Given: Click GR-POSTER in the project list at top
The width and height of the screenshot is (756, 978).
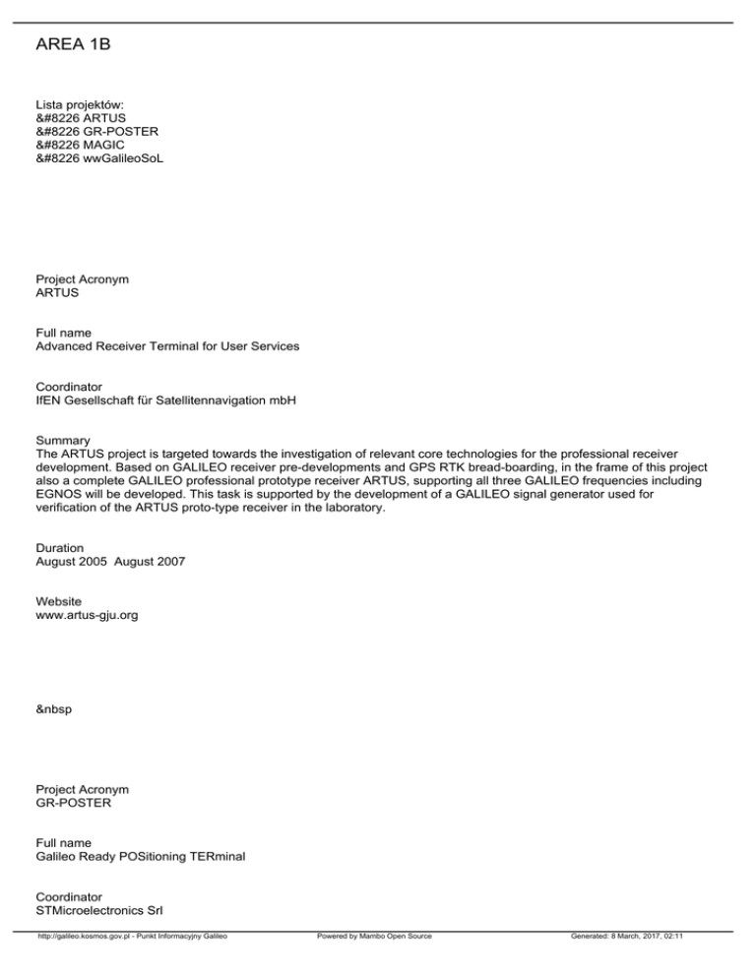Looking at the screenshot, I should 121,130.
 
